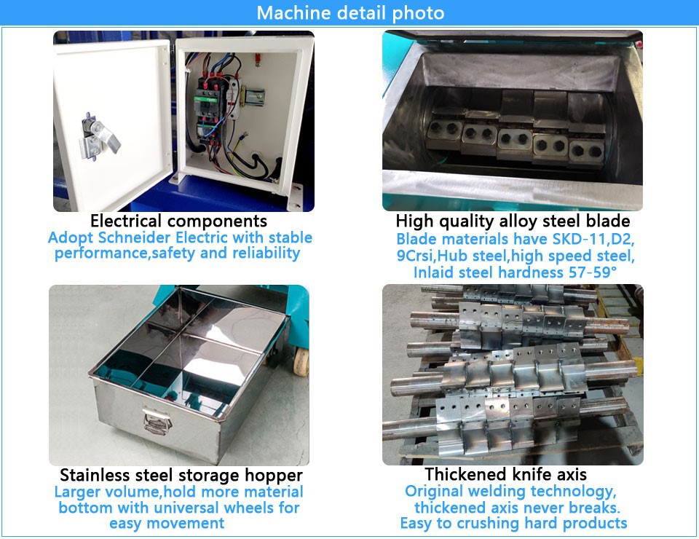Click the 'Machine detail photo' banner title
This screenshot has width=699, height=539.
pyautogui.click(x=350, y=12)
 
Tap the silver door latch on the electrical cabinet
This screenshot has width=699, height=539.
pyautogui.click(x=100, y=137)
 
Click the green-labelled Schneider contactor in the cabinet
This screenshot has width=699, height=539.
pyautogui.click(x=206, y=101)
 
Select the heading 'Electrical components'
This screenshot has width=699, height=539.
pyautogui.click(x=178, y=221)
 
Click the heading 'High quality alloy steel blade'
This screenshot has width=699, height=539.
pyautogui.click(x=513, y=221)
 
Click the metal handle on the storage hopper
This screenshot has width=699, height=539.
pyautogui.click(x=157, y=421)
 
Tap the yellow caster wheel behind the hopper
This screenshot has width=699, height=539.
pyautogui.click(x=301, y=362)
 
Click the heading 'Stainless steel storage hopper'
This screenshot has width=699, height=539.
pyautogui.click(x=181, y=475)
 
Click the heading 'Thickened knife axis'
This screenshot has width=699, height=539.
pyautogui.click(x=505, y=474)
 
